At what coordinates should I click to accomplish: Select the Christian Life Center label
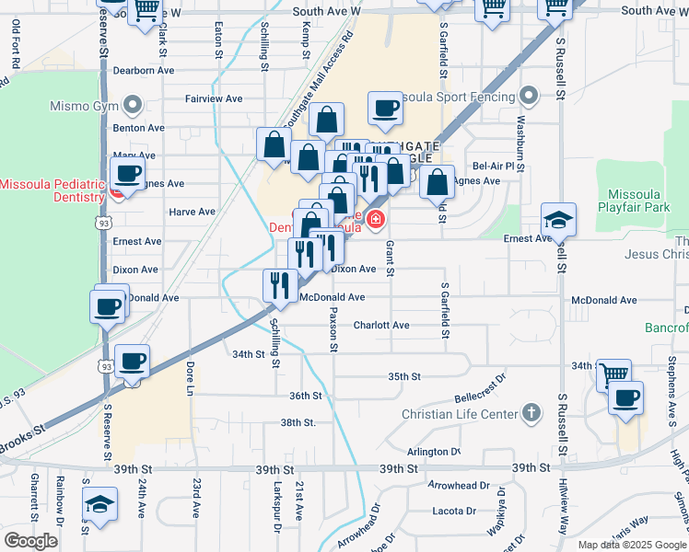coord(460,414)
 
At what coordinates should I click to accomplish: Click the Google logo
coord(30,540)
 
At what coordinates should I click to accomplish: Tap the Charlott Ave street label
coord(381,326)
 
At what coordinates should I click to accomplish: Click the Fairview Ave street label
coord(213,98)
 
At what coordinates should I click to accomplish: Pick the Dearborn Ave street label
coord(142,70)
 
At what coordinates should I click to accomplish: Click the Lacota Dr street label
coord(453,511)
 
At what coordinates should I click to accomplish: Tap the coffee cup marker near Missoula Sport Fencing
coord(385,109)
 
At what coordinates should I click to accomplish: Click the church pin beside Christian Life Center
coord(531,413)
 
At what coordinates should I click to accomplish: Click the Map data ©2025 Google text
coord(632,544)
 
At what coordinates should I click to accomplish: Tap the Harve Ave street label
coord(192,212)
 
